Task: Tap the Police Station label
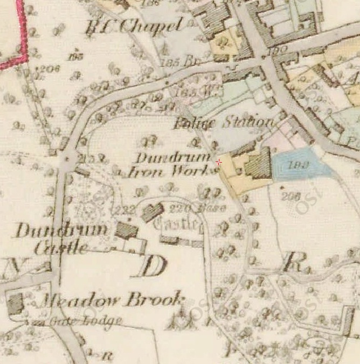tap(223, 123)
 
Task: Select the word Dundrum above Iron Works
tap(171, 158)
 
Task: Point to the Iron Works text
tap(171, 172)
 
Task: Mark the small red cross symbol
tap(218, 162)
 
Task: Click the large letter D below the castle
tap(149, 265)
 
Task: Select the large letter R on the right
tap(292, 262)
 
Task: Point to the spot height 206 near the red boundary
tap(48, 68)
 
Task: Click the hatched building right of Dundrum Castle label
tap(128, 232)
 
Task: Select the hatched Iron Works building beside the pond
tap(258, 164)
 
